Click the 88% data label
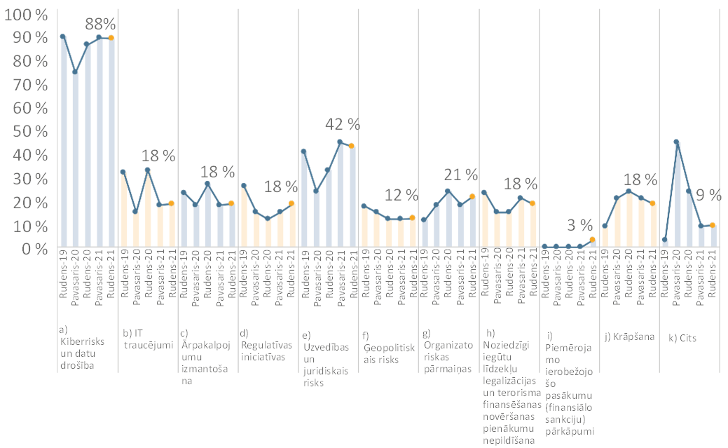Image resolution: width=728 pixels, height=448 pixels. (100, 24)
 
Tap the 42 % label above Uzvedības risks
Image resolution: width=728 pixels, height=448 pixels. (343, 124)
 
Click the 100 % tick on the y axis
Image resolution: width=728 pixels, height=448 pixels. (27, 14)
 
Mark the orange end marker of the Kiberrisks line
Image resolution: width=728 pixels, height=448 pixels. (111, 38)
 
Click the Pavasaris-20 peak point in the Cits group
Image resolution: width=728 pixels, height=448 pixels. (676, 142)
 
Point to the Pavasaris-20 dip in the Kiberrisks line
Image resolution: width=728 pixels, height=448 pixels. (75, 72)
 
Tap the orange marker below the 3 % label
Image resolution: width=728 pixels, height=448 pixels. (592, 240)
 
